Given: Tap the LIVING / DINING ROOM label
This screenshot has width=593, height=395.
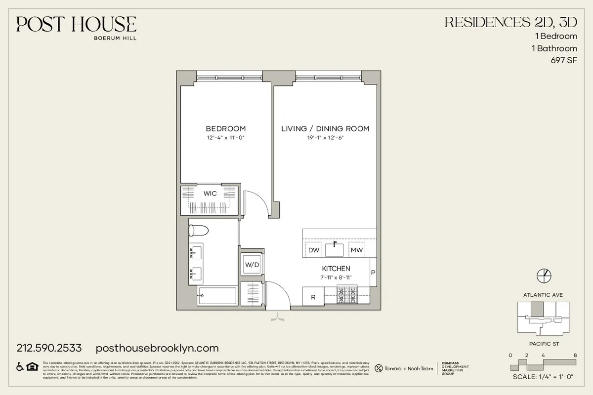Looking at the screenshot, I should (325, 129).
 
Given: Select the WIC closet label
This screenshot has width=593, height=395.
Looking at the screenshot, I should (210, 194).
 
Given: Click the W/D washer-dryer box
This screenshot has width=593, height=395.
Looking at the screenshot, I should (252, 265).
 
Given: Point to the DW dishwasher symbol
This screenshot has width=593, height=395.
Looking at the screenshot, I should (314, 250).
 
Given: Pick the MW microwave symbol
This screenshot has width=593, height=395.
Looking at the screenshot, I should (357, 250).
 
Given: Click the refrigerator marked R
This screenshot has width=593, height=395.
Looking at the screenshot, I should (313, 297).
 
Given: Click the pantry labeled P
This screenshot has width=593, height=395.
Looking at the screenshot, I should (373, 272).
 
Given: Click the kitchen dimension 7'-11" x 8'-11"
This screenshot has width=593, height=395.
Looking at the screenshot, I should (336, 277).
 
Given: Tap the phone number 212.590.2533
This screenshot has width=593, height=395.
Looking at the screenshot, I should (49, 348).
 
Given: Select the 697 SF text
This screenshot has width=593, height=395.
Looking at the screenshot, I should (563, 61).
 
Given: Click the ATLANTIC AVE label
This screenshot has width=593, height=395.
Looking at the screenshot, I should (543, 295).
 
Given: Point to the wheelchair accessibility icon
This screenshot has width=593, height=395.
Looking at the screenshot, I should (21, 366).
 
